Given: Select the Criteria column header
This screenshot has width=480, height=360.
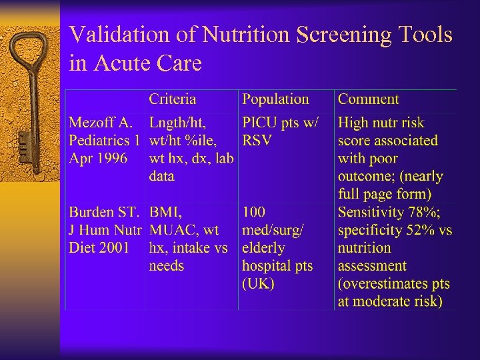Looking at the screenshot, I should click(172, 99).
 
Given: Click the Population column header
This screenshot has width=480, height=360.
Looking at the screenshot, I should click(275, 99).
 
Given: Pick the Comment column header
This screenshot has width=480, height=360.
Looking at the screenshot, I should click(368, 99).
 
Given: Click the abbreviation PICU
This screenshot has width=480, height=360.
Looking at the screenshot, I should click(261, 123).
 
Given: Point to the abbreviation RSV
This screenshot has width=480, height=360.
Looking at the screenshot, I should click(257, 141).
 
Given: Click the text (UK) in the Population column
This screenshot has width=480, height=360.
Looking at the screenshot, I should click(258, 283).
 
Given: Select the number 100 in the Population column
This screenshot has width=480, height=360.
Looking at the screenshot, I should click(254, 213).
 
